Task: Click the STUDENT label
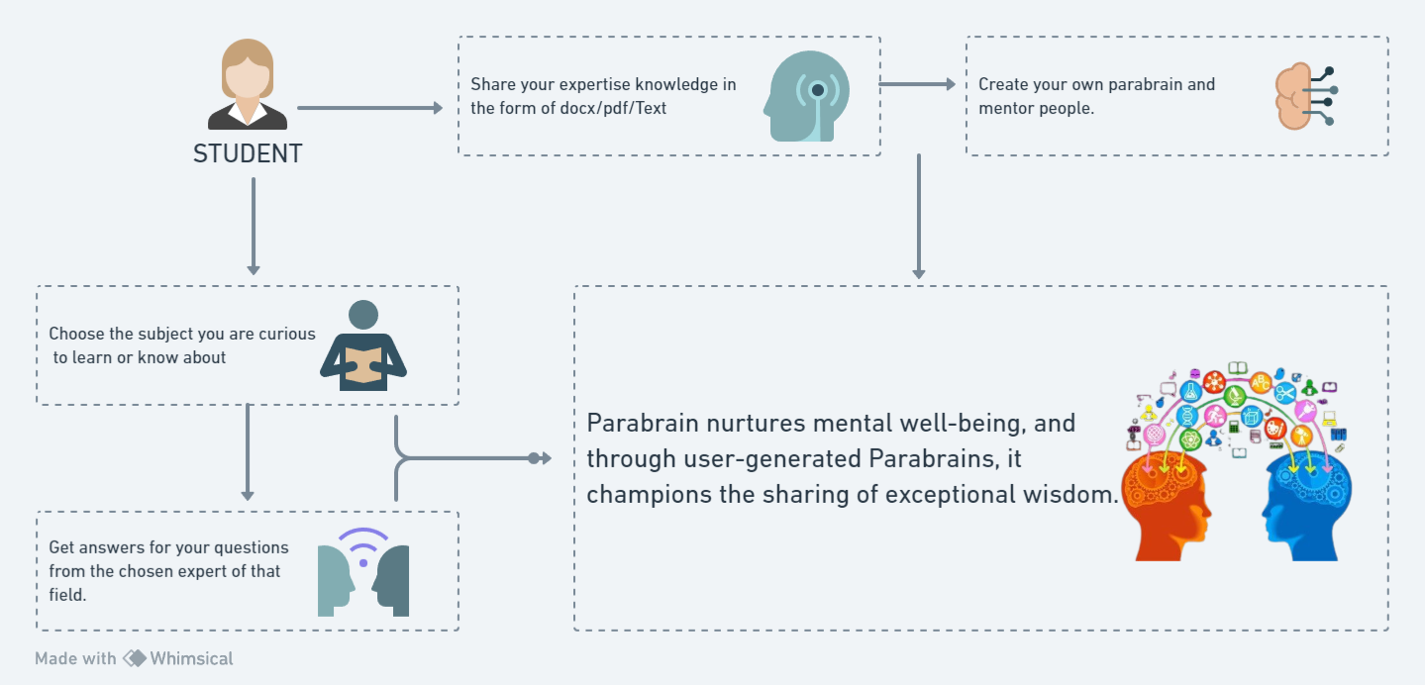(248, 154)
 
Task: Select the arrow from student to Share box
(369, 108)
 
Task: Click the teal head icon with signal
(806, 96)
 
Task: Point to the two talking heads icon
(363, 573)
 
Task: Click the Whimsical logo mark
(135, 658)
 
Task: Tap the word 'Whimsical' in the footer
(192, 658)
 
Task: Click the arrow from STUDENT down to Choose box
(254, 225)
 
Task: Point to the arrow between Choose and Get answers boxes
(248, 451)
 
